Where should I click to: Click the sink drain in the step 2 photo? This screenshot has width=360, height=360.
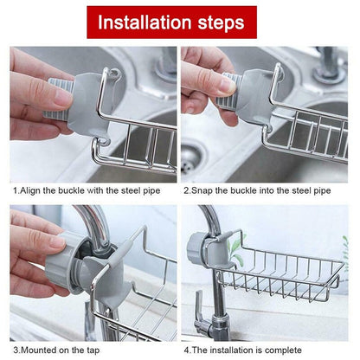pos(192,157)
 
